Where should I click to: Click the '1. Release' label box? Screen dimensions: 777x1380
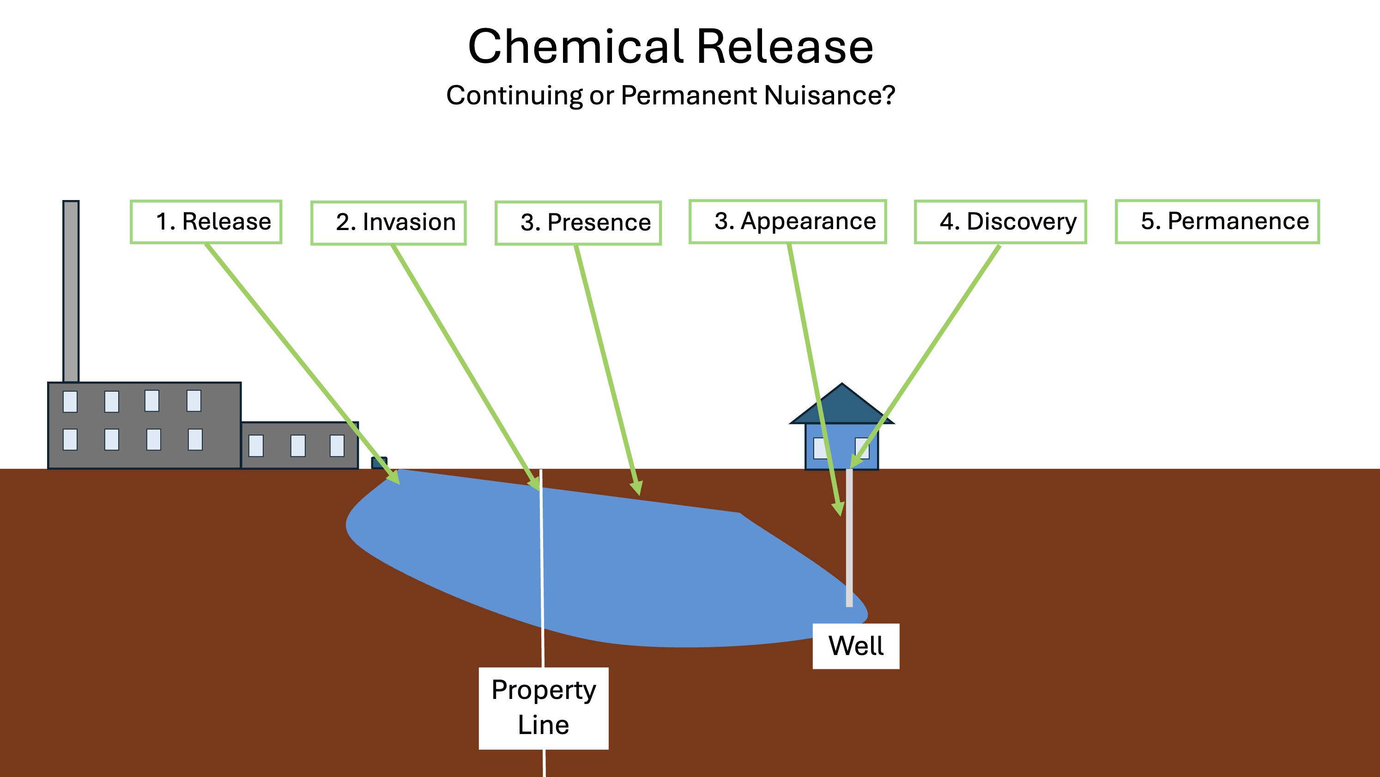point(206,222)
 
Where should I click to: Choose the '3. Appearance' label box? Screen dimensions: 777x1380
point(787,222)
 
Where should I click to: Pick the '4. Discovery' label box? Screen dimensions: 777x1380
point(1000,222)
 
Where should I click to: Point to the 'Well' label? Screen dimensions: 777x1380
point(855,646)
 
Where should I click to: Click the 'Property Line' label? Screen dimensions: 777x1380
point(543,707)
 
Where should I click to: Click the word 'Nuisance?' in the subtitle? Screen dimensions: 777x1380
point(830,96)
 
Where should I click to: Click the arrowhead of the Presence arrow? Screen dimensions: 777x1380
point(637,488)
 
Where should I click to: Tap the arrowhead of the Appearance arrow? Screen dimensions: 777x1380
point(838,509)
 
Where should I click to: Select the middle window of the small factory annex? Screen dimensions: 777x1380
point(298,445)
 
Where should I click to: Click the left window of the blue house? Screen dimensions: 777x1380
point(819,448)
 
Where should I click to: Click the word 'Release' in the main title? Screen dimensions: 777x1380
point(785,47)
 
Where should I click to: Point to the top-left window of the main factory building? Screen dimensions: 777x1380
point(70,401)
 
